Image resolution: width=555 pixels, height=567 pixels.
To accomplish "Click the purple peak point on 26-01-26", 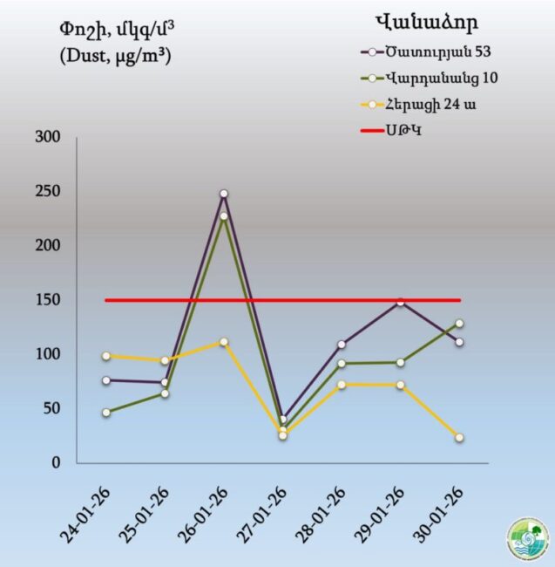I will click(x=224, y=194).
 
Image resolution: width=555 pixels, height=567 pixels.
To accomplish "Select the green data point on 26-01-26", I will click(x=224, y=215).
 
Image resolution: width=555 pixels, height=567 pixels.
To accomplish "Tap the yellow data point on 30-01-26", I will click(x=459, y=438).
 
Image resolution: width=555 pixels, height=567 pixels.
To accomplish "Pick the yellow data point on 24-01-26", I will click(x=106, y=356).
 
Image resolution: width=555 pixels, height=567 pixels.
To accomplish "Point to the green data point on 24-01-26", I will click(x=106, y=413).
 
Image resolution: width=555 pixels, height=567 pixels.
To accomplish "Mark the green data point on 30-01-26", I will click(x=459, y=324).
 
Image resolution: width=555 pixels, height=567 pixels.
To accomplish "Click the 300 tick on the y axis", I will click(x=47, y=137).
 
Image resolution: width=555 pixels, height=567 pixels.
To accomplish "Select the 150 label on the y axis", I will click(x=47, y=300).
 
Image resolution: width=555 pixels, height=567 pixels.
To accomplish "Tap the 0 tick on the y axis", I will click(x=56, y=463).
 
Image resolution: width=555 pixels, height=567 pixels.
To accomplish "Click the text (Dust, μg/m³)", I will click(x=115, y=55).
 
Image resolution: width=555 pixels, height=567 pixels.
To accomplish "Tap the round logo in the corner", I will click(x=529, y=541).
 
